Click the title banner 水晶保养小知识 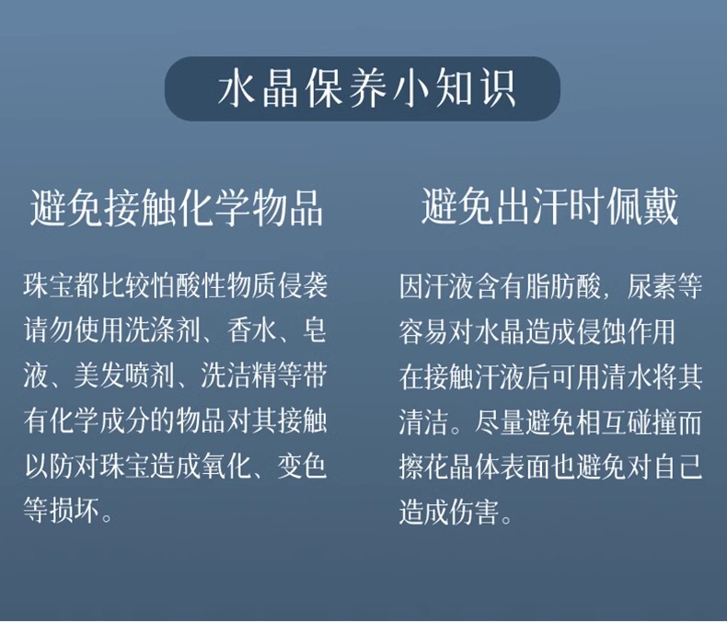[363, 88]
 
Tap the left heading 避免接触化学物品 [177, 208]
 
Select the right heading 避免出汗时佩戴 [550, 207]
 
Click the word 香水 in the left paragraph [252, 330]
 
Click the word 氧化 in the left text [226, 466]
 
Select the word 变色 [302, 466]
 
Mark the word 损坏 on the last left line [75, 511]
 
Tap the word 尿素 [652, 286]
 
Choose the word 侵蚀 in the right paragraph [600, 331]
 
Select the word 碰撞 [652, 421]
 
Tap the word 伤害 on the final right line [474, 512]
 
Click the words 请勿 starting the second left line [49, 330]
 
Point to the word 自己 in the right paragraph [678, 467]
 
